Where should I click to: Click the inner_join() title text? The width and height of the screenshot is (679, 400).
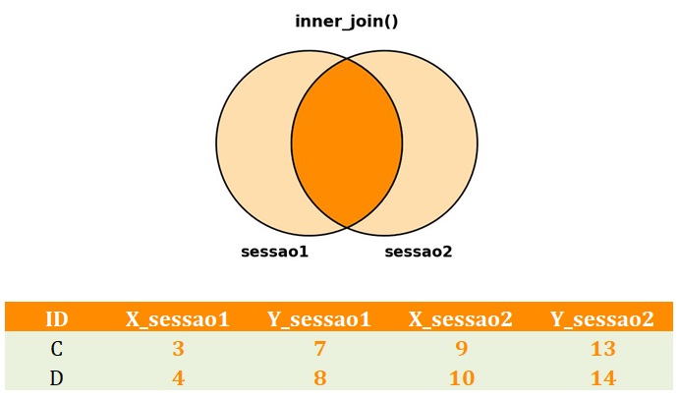347,22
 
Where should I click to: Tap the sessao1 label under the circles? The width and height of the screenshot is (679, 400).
274,252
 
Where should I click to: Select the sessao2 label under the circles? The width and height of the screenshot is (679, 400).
419,252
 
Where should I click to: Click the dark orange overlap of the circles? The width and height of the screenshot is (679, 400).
347,143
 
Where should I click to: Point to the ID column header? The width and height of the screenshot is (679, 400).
57,319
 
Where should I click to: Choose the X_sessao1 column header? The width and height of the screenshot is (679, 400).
178,319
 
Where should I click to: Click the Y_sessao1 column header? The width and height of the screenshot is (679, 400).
319,319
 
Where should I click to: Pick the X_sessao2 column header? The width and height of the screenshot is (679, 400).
461,319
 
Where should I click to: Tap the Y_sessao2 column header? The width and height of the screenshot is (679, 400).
602,319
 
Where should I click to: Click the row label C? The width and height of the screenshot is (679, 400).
57,349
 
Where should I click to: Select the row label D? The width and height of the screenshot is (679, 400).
57,378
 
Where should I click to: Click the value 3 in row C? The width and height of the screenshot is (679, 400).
178,349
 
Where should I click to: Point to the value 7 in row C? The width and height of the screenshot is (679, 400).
319,349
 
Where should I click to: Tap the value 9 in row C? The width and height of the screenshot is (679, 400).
462,349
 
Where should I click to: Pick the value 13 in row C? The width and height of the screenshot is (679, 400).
603,349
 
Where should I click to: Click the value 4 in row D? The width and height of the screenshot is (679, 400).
178,378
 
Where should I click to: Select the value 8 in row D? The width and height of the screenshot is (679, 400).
319,378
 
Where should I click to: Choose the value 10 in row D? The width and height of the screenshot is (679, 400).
462,378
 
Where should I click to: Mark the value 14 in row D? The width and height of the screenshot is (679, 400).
603,378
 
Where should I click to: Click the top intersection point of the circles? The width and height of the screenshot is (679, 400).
347,59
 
